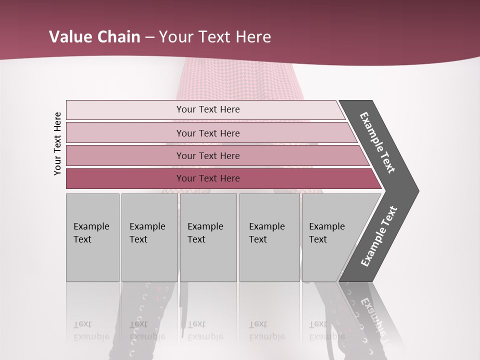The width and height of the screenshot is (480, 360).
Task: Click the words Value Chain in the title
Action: click(x=94, y=37)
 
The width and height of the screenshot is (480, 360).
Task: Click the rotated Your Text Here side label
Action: click(x=57, y=143)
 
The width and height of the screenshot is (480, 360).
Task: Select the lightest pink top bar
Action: click(x=125, y=110)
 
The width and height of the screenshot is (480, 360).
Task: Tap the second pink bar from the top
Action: click(x=125, y=133)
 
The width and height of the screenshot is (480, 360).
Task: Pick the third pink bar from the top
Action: click(x=125, y=155)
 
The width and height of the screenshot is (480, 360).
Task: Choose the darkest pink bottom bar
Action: click(x=125, y=178)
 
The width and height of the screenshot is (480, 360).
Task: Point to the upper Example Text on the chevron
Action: click(x=377, y=142)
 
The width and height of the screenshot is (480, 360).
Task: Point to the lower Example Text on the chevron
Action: click(x=379, y=236)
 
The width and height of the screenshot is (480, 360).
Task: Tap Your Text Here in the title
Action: click(x=215, y=37)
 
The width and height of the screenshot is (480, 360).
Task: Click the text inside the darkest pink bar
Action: click(x=208, y=178)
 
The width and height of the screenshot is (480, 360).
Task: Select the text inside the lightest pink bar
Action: click(x=208, y=109)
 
